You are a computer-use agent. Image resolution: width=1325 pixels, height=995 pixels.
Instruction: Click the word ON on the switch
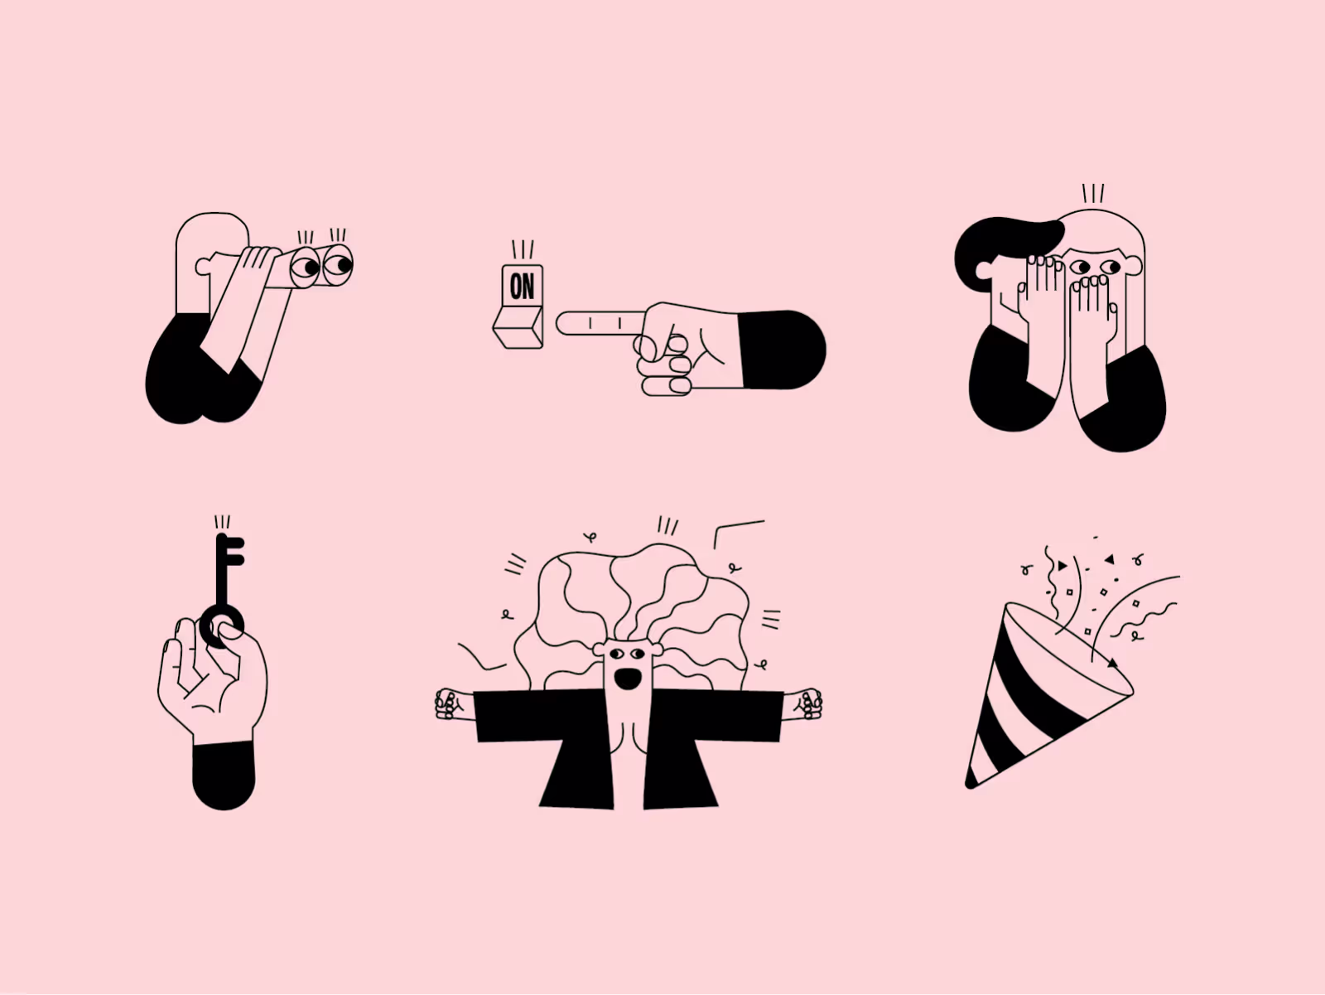point(522,286)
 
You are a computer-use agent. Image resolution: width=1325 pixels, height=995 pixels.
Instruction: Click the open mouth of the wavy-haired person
point(628,679)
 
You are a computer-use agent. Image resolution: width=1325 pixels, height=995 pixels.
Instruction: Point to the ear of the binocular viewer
point(204,266)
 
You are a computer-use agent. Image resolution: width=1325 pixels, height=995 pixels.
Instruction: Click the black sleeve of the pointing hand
point(783,350)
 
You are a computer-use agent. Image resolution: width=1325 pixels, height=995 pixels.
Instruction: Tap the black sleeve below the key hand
point(224,775)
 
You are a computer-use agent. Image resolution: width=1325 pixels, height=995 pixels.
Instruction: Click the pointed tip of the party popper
point(970,785)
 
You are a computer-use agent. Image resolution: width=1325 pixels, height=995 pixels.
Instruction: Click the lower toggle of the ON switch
point(518,327)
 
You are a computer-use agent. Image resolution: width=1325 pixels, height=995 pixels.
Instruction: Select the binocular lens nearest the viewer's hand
point(305,266)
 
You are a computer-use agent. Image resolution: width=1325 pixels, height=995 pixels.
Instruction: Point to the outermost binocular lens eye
point(337,264)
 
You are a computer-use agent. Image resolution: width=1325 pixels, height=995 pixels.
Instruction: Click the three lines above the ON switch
point(523,249)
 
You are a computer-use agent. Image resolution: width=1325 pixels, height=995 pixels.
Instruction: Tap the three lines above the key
point(222,522)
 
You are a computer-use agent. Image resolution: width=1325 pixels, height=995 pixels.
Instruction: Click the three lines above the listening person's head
point(1093,194)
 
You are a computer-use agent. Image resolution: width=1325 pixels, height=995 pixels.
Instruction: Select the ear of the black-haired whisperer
point(984,269)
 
